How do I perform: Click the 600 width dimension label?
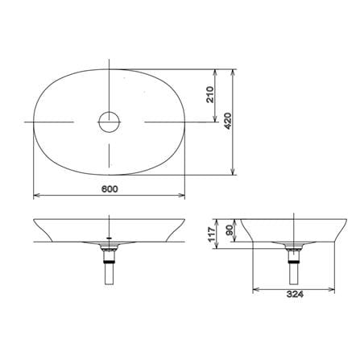click(x=110, y=189)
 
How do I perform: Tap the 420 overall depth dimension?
click(x=227, y=121)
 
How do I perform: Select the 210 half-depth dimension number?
click(x=209, y=95)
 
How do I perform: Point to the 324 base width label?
click(x=295, y=294)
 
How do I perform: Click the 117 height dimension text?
click(x=213, y=234)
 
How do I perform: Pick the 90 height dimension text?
click(x=230, y=230)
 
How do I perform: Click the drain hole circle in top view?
click(x=110, y=122)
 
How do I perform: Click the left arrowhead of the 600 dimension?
click(x=36, y=196)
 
